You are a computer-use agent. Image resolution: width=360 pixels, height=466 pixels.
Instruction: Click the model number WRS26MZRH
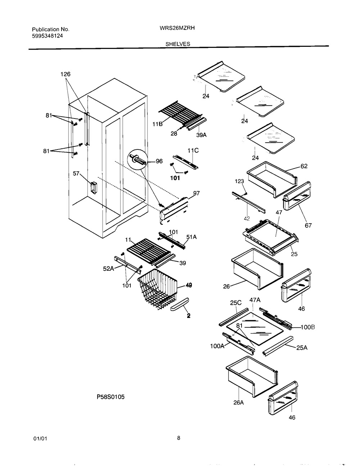click(177, 28)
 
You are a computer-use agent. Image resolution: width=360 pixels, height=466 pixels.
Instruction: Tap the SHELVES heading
click(177, 44)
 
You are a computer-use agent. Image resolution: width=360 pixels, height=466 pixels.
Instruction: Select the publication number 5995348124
click(48, 36)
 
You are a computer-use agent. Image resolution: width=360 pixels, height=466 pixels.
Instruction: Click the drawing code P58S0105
click(111, 397)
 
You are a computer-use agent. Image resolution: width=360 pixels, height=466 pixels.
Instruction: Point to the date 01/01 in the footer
click(40, 439)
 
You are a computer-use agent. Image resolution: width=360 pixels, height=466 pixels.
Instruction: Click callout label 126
click(66, 74)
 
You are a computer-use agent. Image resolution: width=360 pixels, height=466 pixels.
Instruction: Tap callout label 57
click(76, 174)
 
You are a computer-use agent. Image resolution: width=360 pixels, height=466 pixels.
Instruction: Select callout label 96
click(159, 161)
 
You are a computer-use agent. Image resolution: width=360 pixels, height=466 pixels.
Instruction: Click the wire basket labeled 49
click(158, 289)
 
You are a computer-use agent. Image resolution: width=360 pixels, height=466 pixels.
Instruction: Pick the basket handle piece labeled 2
click(180, 304)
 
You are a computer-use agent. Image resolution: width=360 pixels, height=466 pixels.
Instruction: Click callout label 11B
click(158, 124)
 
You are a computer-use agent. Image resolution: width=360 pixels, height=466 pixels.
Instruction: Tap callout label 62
click(304, 166)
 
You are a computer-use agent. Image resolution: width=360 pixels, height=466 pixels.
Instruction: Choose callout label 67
click(308, 225)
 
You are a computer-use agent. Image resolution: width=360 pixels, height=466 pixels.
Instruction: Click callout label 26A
click(238, 403)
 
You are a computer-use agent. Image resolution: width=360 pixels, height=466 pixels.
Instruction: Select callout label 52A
click(108, 269)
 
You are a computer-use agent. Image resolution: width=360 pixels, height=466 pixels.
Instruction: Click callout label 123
click(239, 181)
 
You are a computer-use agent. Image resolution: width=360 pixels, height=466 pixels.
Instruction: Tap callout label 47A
click(255, 300)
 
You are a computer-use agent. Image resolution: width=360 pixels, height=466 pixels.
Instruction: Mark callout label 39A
click(202, 135)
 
